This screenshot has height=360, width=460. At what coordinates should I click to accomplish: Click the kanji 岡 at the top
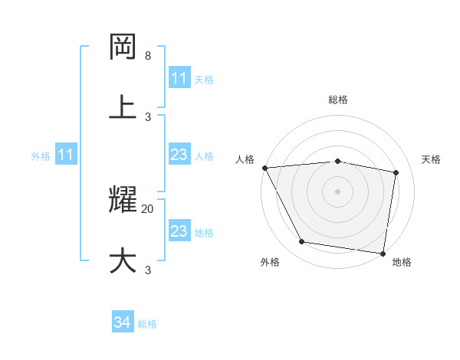pyautogui.click(x=123, y=47)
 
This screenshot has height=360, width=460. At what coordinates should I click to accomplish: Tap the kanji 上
pyautogui.click(x=123, y=106)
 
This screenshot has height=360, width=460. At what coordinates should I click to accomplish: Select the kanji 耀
pyautogui.click(x=123, y=200)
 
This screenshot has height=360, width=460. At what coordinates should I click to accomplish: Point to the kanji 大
pyautogui.click(x=123, y=260)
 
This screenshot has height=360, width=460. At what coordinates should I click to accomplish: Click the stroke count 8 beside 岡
pyautogui.click(x=148, y=56)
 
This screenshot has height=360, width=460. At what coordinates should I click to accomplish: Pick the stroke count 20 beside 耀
pyautogui.click(x=148, y=208)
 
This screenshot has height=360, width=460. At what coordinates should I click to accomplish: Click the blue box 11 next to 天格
pyautogui.click(x=179, y=78)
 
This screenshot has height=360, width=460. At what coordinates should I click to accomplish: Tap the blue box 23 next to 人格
pyautogui.click(x=179, y=155)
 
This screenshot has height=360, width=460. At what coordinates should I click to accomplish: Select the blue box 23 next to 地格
pyautogui.click(x=179, y=231)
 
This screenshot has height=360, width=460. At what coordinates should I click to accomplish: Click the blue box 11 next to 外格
pyautogui.click(x=66, y=155)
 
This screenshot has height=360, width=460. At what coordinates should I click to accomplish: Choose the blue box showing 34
pyautogui.click(x=122, y=322)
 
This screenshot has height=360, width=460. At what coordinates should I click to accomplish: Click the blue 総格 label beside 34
pyautogui.click(x=147, y=324)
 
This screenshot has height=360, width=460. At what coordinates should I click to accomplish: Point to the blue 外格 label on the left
pyautogui.click(x=41, y=156)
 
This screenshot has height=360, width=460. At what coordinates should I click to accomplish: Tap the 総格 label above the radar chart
pyautogui.click(x=338, y=100)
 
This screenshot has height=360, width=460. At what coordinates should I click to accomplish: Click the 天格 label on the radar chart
pyautogui.click(x=431, y=159)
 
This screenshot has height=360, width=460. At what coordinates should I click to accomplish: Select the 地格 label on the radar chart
pyautogui.click(x=402, y=262)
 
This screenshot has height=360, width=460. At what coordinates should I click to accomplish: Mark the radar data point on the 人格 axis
pyautogui.click(x=264, y=168)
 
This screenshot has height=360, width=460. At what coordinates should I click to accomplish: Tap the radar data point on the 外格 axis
pyautogui.click(x=301, y=242)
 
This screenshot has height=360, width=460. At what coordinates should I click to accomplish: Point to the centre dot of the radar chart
pyautogui.click(x=338, y=191)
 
